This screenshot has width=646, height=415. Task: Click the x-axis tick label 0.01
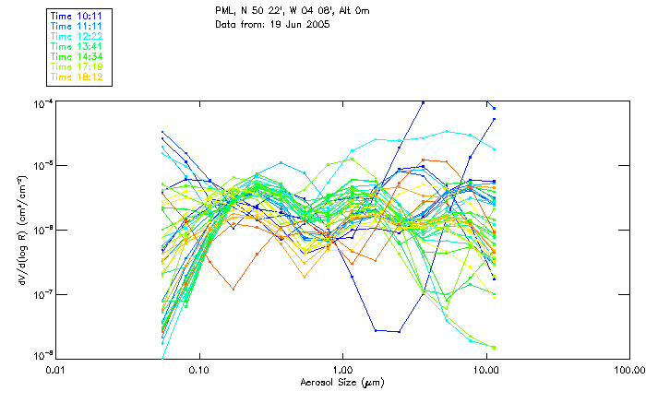56,371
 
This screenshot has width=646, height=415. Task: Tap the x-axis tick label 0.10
199,371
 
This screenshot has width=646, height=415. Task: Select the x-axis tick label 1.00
343,371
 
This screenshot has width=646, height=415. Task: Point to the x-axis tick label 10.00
486,371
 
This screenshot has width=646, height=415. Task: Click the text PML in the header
224,11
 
